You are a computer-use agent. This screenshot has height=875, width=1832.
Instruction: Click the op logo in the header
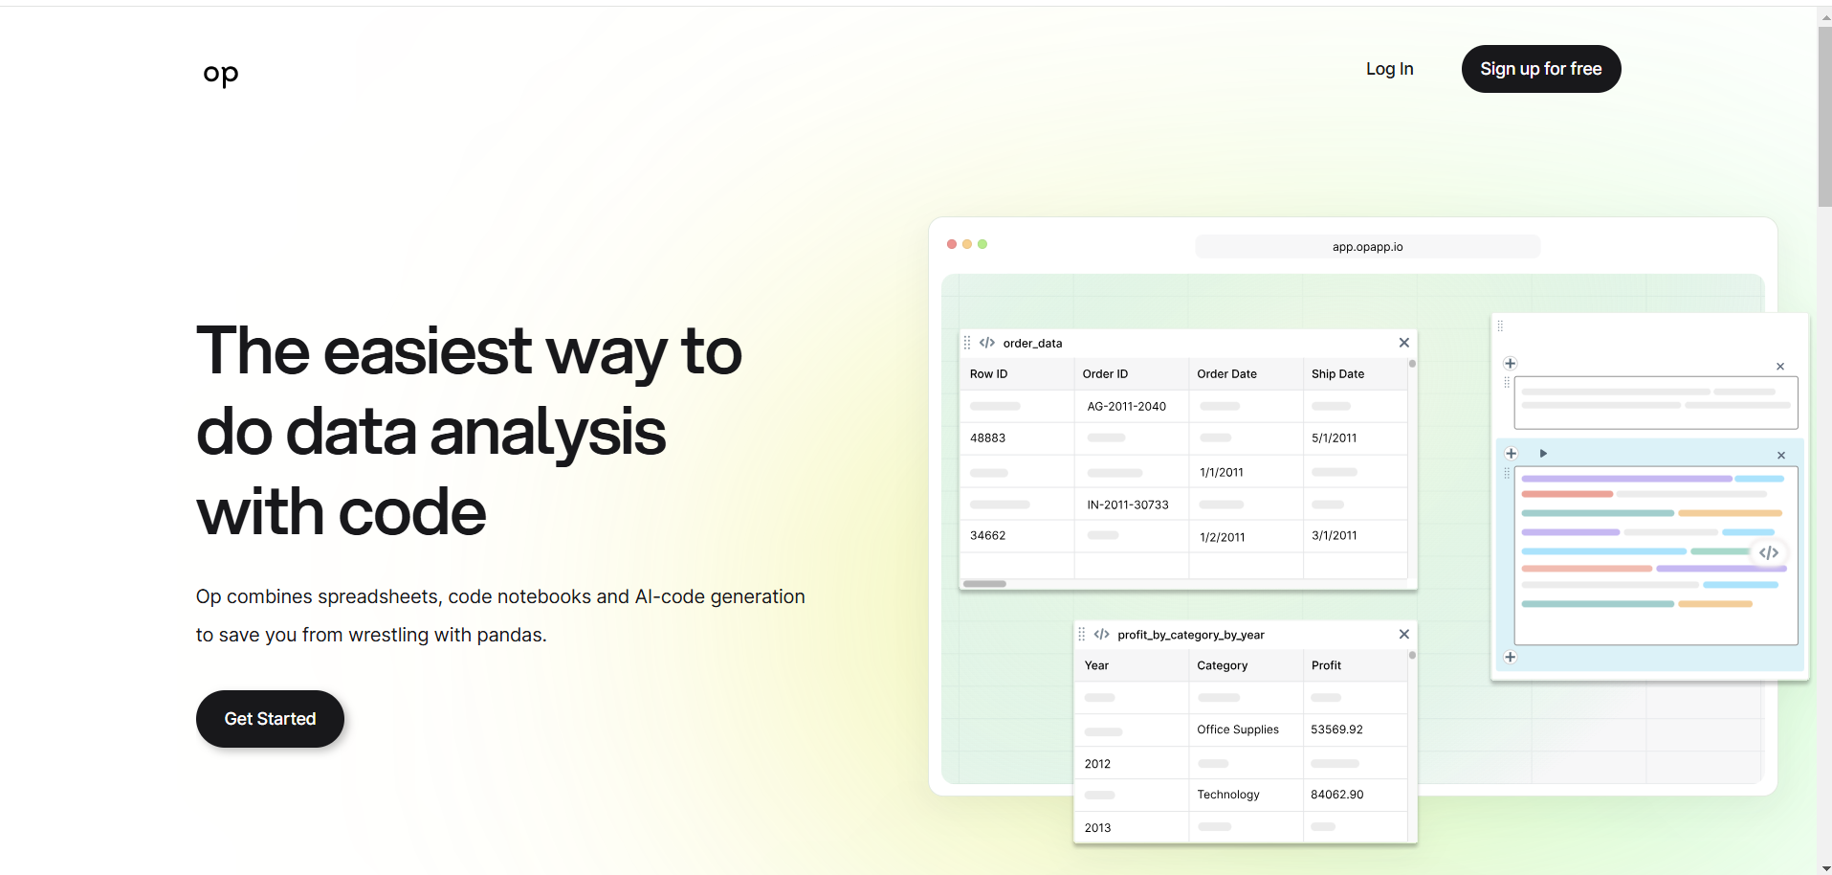tap(221, 74)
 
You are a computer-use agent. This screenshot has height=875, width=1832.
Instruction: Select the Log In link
tap(1389, 69)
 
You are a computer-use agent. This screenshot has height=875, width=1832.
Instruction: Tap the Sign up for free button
tap(1541, 69)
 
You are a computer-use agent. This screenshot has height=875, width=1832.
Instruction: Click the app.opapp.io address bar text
tap(1368, 247)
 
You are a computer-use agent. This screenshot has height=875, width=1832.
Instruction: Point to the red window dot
tap(952, 244)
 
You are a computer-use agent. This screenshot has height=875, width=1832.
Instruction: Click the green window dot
tap(982, 244)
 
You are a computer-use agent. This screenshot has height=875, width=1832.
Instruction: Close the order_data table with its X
tap(1404, 343)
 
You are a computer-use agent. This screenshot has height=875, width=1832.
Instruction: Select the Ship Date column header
tap(1337, 374)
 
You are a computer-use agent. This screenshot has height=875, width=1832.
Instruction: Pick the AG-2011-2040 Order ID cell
tap(1127, 407)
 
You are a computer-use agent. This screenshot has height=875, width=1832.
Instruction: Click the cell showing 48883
tap(988, 438)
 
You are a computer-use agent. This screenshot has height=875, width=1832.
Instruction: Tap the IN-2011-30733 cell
tap(1128, 505)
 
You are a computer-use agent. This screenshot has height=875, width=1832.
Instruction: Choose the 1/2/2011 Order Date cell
tap(1223, 538)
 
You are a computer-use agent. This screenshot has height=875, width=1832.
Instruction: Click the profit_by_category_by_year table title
tap(1191, 635)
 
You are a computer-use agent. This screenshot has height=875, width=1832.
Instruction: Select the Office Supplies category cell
tap(1238, 729)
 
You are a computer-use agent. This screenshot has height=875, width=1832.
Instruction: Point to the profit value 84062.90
tap(1337, 795)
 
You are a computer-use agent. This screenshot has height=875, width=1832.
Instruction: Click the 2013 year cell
tap(1098, 828)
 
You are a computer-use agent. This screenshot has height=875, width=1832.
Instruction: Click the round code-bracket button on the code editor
tap(1769, 552)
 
